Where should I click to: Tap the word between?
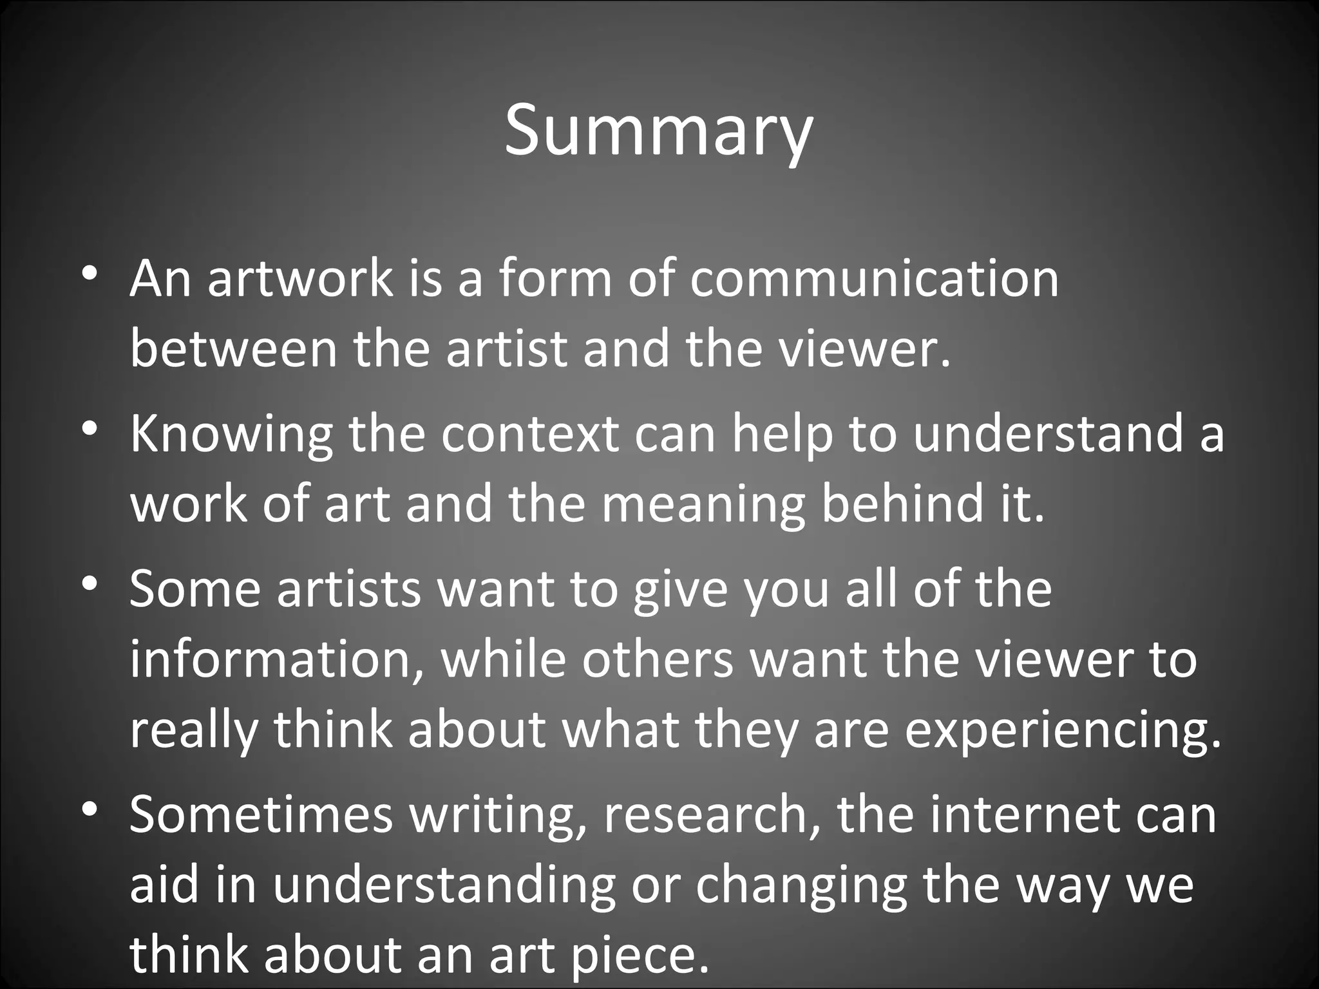[x=234, y=348]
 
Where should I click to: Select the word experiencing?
[x=1063, y=731]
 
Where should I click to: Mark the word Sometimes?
[x=261, y=815]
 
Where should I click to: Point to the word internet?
[x=1016, y=815]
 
